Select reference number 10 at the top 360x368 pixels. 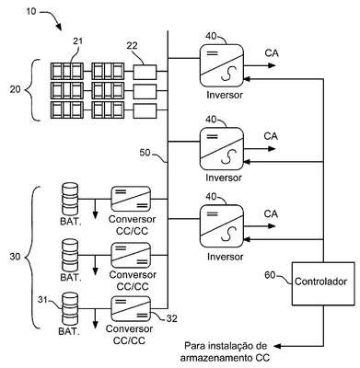[31, 12]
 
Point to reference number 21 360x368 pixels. [78, 41]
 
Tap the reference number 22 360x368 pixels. [132, 46]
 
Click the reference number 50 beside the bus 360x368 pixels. [145, 153]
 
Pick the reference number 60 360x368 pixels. [270, 275]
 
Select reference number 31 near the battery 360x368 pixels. [43, 300]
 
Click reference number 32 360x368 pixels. [171, 319]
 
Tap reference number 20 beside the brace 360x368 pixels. [16, 89]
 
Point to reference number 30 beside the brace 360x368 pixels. [15, 257]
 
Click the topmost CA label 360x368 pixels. [272, 53]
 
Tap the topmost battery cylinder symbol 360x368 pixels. [70, 199]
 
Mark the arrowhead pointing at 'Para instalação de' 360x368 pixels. [277, 346]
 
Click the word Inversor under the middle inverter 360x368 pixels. [224, 178]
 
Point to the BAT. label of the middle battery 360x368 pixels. [71, 277]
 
